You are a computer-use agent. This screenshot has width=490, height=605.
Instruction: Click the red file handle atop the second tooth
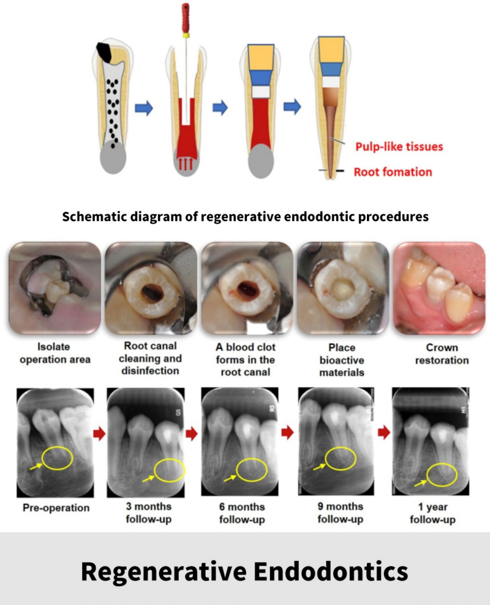coord(186,18)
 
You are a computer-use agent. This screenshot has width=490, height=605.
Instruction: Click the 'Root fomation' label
coord(393,171)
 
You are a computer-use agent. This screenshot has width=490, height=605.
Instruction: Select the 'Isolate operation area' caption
coord(56,354)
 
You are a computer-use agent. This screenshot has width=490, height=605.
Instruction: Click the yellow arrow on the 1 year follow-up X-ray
coord(421,484)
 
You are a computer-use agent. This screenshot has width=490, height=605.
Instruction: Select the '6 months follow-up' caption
coord(245,514)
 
